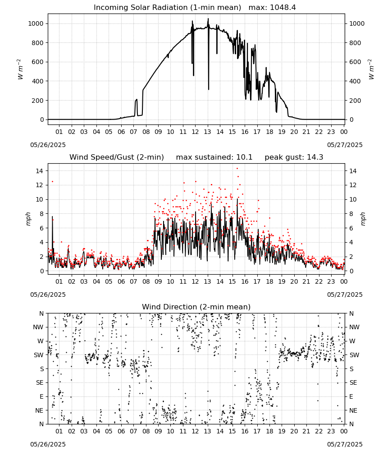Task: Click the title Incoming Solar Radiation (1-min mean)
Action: (167, 7)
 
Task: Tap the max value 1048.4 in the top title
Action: (283, 7)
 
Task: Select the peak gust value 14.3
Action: (315, 157)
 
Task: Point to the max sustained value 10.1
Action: (244, 157)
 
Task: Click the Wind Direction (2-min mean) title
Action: (196, 307)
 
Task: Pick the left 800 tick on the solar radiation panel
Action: (38, 43)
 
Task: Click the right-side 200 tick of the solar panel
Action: (355, 101)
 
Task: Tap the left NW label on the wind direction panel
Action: (38, 327)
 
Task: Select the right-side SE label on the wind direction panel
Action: (353, 383)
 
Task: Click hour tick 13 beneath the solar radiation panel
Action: (207, 132)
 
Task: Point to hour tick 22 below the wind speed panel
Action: (319, 281)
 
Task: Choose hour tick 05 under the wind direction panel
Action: (109, 432)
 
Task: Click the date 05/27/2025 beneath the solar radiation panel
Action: (345, 145)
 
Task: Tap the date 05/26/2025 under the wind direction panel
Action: (48, 444)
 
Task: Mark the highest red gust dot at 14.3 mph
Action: (237, 169)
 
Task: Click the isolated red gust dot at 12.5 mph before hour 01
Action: (52, 181)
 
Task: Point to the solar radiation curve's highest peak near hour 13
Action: (208, 18)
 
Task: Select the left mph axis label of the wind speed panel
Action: (28, 219)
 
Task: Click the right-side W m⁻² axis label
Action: (371, 69)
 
